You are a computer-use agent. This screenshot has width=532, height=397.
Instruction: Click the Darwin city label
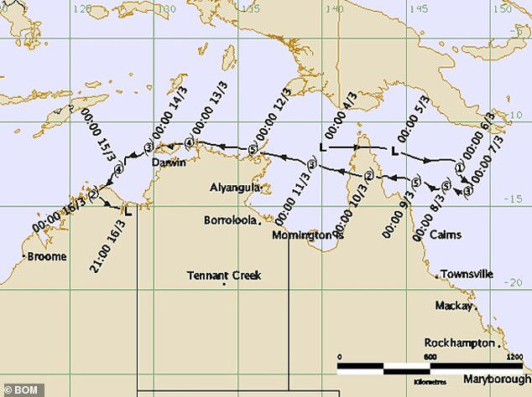click(x=169, y=163)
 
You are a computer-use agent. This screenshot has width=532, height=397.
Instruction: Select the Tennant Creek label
click(x=224, y=275)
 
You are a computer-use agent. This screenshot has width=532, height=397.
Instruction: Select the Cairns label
click(x=444, y=235)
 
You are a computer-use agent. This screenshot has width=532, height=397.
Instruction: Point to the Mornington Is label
click(x=309, y=235)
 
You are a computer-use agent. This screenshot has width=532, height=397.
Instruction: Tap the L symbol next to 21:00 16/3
click(x=128, y=212)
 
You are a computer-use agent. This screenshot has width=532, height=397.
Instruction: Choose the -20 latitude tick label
click(x=518, y=282)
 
